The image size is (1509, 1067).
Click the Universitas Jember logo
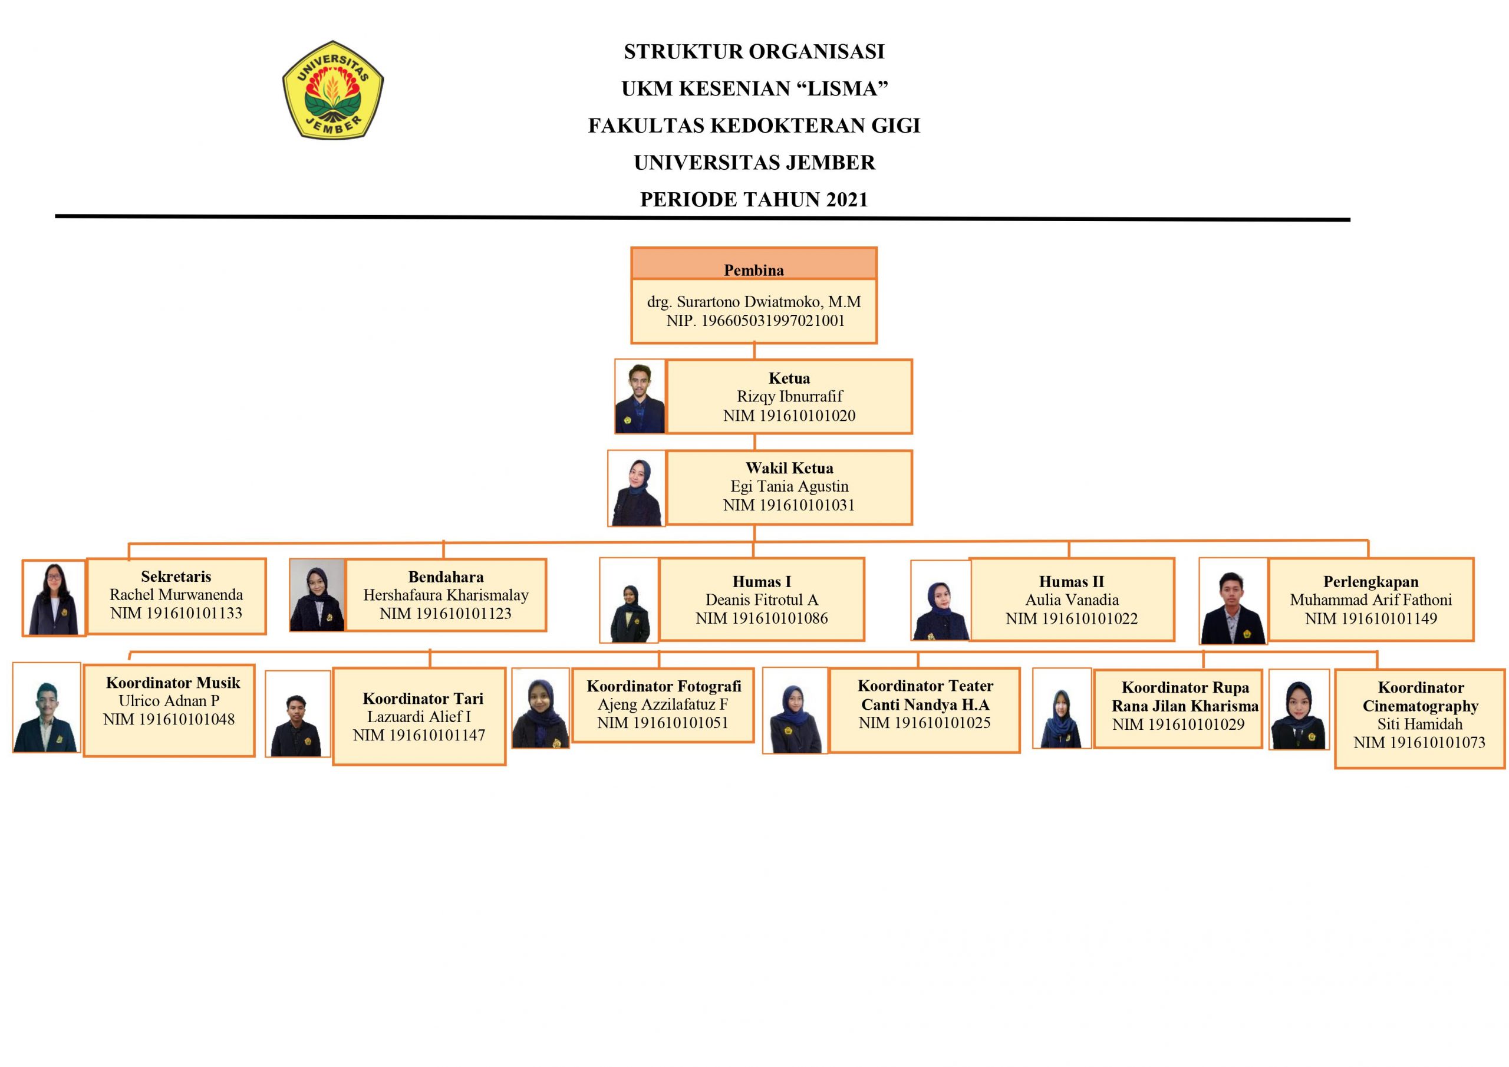point(332,90)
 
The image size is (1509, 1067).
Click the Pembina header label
point(753,270)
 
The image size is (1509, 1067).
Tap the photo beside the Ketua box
point(640,396)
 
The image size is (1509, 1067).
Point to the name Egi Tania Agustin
point(789,486)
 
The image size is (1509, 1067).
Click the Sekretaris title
point(176,577)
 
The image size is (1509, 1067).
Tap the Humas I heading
point(761,582)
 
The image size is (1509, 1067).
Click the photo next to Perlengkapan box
point(1233,601)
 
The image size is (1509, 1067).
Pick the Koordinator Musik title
point(173,683)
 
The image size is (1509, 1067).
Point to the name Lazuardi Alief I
point(419,717)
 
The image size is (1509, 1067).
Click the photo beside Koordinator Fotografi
point(541,709)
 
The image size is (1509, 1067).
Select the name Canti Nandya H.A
point(925,705)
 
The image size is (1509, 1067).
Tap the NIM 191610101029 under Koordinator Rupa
point(1178,724)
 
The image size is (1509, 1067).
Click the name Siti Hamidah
point(1419,724)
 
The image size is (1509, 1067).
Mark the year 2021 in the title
point(846,199)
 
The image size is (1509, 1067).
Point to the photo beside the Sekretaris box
point(54,598)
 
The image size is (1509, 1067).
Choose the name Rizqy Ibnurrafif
point(789,396)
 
